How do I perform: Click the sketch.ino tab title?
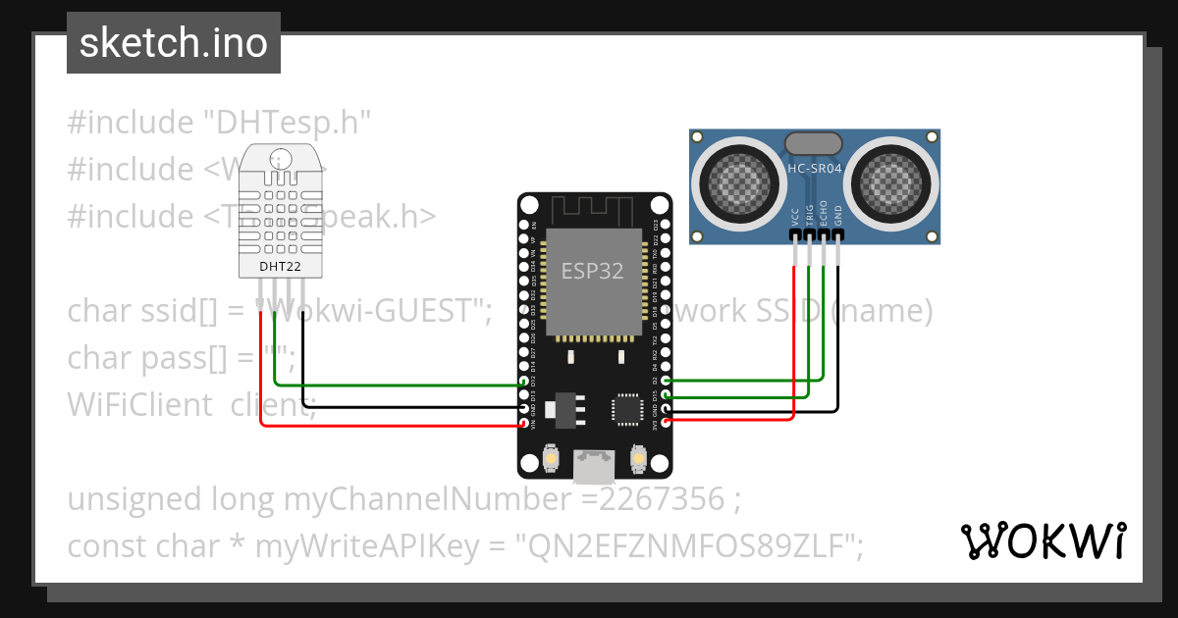174,43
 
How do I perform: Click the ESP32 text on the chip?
592,272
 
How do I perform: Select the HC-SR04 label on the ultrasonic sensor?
814,169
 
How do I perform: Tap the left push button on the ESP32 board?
552,458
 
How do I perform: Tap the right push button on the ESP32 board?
638,458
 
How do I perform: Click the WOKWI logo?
1043,541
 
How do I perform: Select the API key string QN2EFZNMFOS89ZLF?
691,545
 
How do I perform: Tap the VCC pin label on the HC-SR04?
794,217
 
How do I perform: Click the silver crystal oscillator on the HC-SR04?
814,143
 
